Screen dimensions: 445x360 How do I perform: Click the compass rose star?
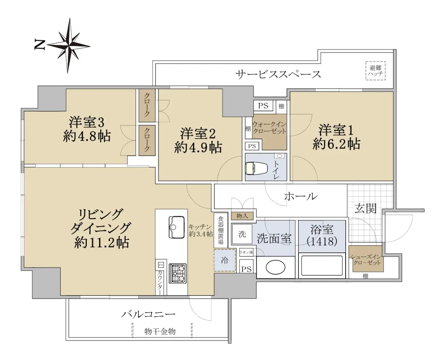click(x=69, y=46)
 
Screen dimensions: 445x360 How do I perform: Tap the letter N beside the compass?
click(x=39, y=45)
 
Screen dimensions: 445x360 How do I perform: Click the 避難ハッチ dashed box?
click(x=375, y=70)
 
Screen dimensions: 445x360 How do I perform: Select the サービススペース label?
click(x=278, y=75)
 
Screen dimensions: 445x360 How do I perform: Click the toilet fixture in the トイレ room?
click(x=257, y=168)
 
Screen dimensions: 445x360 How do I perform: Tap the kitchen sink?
click(x=177, y=227)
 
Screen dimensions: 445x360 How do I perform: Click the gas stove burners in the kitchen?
click(x=178, y=274)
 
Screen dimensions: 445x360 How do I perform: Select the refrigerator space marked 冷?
click(x=225, y=260)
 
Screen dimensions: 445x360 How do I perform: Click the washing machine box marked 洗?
click(x=242, y=234)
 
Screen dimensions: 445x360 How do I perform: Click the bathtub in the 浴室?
click(x=322, y=265)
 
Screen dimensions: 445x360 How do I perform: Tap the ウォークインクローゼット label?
click(x=269, y=128)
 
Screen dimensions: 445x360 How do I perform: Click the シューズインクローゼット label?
click(x=366, y=260)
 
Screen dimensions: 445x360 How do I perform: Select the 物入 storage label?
click(x=242, y=216)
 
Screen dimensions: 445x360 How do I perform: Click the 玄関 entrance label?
click(x=366, y=208)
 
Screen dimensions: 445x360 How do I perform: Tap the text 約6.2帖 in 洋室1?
click(x=336, y=144)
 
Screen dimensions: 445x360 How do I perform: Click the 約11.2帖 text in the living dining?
click(x=102, y=242)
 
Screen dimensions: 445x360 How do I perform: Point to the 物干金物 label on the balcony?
click(x=160, y=331)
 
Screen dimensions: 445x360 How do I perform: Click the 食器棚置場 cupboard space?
click(x=221, y=230)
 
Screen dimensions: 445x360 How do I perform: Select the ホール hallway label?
click(x=301, y=196)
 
